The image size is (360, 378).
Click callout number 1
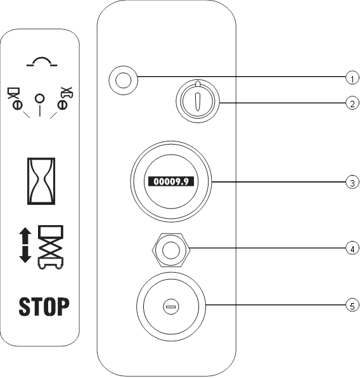(x=352, y=78)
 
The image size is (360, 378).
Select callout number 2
(x=352, y=103)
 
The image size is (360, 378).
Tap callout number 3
(x=352, y=182)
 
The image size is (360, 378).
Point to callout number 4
(x=352, y=248)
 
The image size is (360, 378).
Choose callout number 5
(x=352, y=305)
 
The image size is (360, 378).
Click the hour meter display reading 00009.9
(x=171, y=181)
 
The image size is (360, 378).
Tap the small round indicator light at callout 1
(x=124, y=81)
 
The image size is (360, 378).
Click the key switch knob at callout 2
(x=198, y=101)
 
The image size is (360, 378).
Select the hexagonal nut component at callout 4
(x=171, y=251)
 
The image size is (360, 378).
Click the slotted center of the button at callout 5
(x=171, y=306)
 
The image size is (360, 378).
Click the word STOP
(x=44, y=306)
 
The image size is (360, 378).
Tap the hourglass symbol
(x=41, y=181)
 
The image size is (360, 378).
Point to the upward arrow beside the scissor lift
(x=25, y=236)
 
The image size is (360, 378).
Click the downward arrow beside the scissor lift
(x=25, y=254)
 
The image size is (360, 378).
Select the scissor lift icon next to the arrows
(x=51, y=247)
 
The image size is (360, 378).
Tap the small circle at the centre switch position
(x=40, y=98)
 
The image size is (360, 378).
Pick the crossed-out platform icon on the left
(x=15, y=99)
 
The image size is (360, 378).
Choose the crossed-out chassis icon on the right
(x=65, y=98)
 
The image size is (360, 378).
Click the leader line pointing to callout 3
(x=278, y=182)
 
